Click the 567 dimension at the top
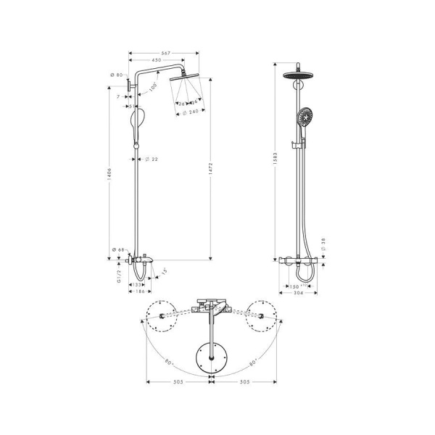(165, 52)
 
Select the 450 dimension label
(157, 61)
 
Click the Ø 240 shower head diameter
(191, 112)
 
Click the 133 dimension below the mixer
(138, 285)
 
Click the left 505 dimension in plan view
(178, 381)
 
